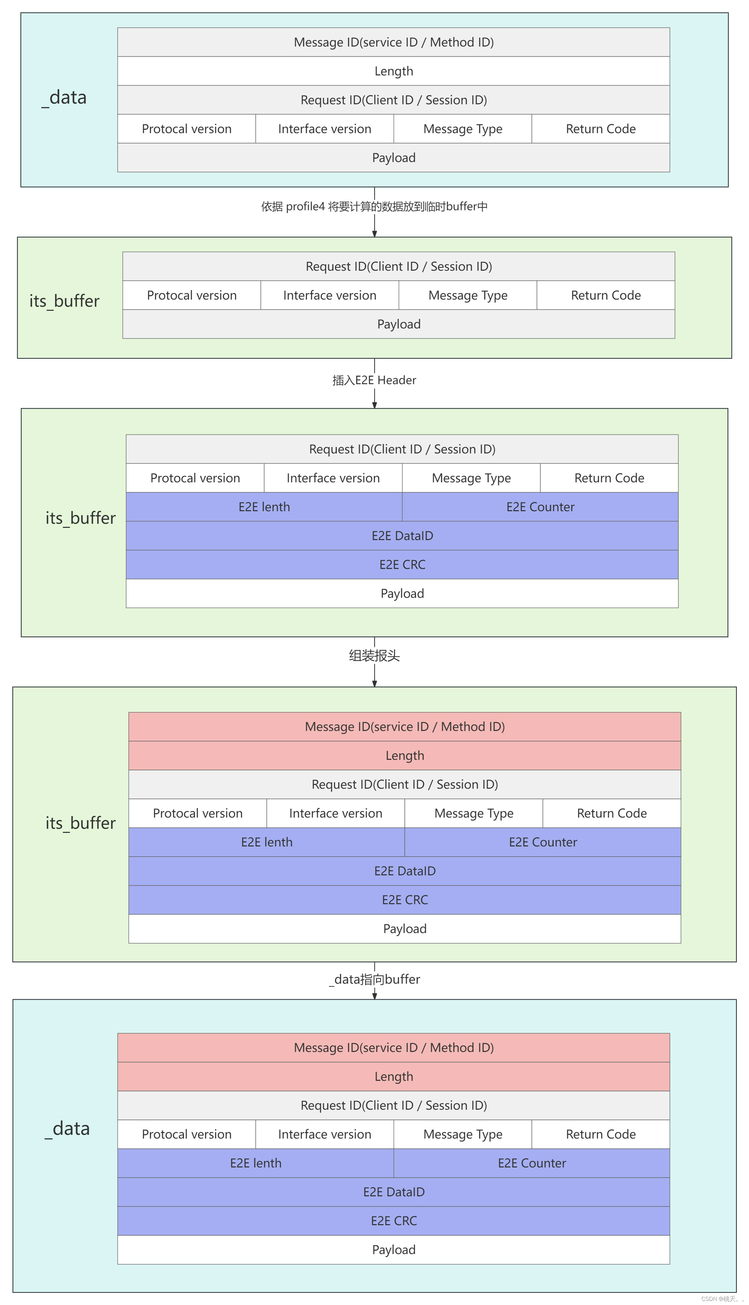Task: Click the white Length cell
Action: coord(394,71)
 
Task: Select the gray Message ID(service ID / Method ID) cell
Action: coord(394,42)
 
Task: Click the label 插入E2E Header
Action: coord(374,380)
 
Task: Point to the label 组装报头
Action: coord(374,656)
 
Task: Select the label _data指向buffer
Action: coord(374,979)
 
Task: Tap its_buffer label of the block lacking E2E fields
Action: coord(64,301)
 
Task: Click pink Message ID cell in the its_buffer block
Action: coord(404,727)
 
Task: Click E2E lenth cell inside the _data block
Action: coord(256,1163)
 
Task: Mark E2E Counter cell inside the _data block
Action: coord(532,1163)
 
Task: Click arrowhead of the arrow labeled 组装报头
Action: coord(374,683)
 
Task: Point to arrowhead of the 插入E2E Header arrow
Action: coord(374,405)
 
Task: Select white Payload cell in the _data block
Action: coord(394,1250)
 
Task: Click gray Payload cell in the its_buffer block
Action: coord(399,324)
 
